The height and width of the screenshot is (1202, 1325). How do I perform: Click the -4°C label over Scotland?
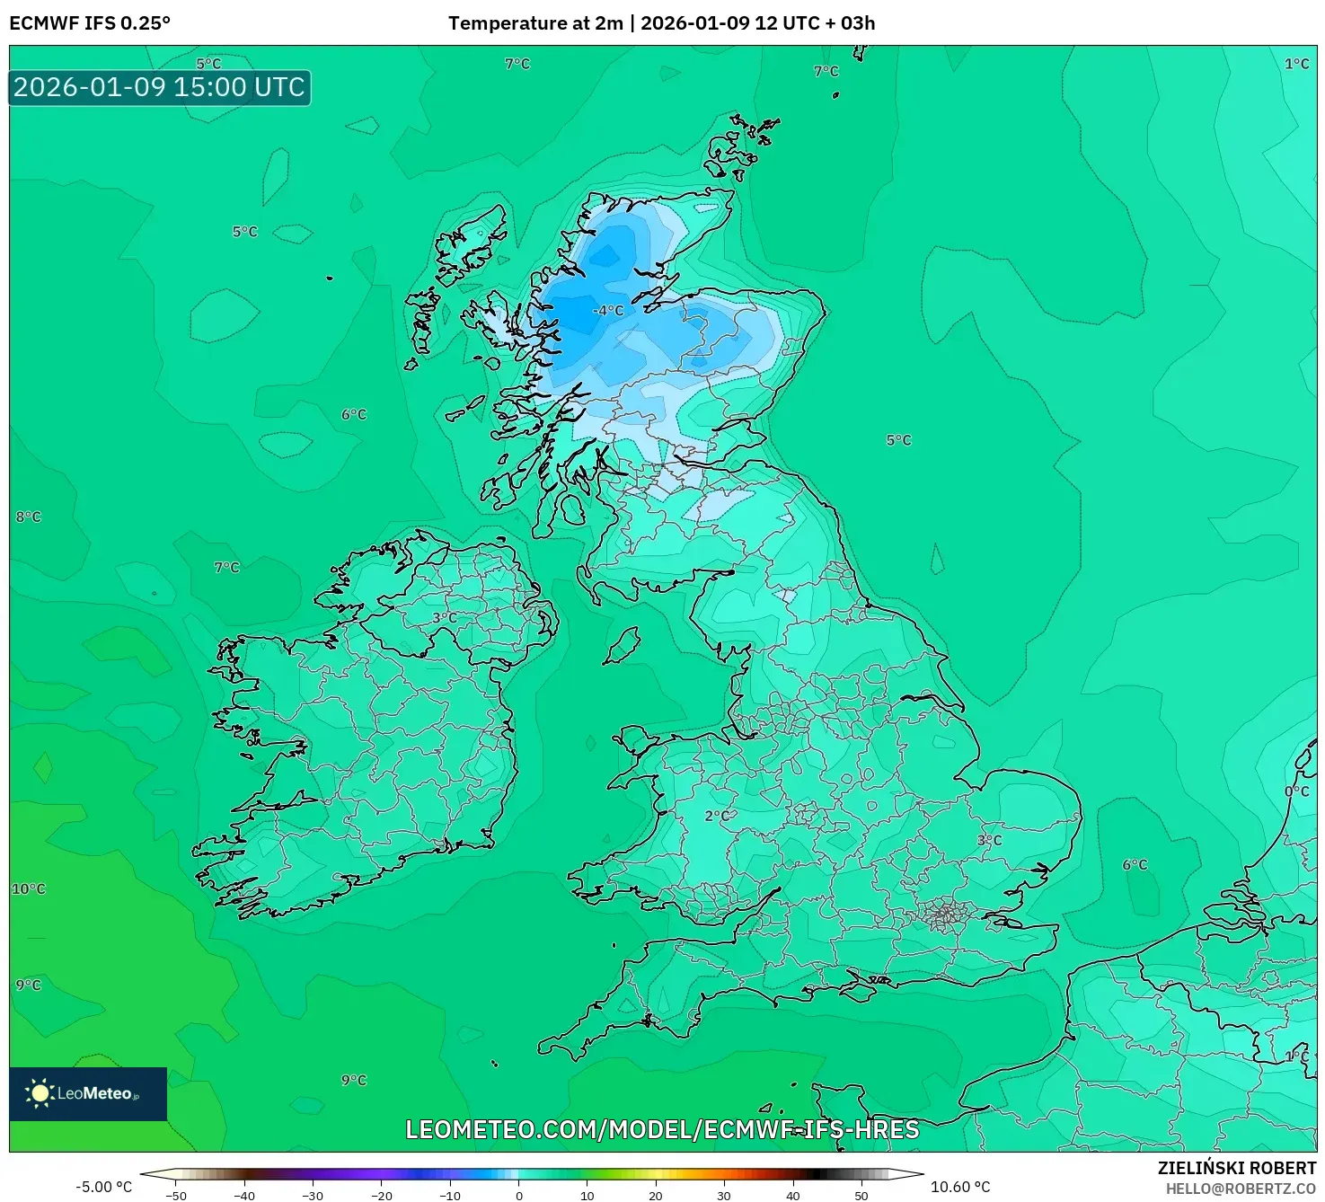click(608, 311)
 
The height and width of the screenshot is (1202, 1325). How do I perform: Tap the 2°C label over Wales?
click(716, 816)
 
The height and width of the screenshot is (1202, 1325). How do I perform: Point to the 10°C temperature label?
click(28, 888)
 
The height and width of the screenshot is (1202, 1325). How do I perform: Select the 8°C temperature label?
click(28, 517)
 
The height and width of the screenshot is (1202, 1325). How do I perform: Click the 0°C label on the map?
click(1296, 791)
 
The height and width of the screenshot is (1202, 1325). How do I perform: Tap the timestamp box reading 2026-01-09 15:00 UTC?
click(160, 88)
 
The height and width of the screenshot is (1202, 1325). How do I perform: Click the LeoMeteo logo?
click(88, 1093)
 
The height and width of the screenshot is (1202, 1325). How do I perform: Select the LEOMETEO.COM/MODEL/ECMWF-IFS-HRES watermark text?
click(662, 1129)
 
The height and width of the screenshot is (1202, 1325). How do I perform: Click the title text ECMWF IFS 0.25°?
click(90, 23)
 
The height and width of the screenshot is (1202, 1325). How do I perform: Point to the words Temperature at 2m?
click(535, 23)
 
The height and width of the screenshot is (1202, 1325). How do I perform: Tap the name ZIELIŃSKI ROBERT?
click(1237, 1168)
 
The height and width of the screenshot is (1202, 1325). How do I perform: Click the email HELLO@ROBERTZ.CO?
click(1241, 1189)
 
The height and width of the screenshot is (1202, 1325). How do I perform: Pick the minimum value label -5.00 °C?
click(103, 1187)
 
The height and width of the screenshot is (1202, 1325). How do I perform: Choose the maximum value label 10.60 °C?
click(960, 1187)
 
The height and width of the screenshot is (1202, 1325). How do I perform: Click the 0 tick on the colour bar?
click(518, 1195)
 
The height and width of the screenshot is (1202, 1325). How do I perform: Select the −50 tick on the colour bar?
click(176, 1195)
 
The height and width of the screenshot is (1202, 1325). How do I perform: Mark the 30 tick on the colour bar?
click(724, 1195)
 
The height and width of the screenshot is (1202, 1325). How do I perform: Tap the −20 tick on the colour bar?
click(382, 1195)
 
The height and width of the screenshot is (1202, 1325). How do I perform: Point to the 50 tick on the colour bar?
click(861, 1195)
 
